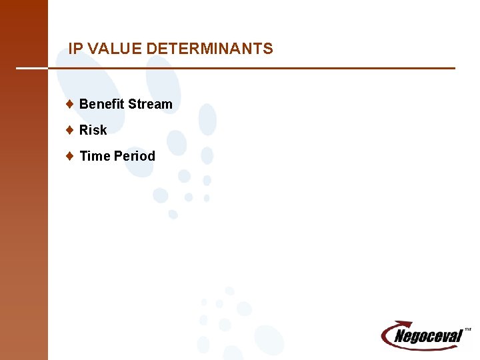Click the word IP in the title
[x=76, y=49]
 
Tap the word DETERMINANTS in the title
[x=209, y=49]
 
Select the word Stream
[x=150, y=104]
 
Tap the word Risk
[x=93, y=130]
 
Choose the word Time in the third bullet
[x=95, y=156]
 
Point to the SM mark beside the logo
[x=467, y=329]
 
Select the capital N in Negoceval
[x=400, y=337]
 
